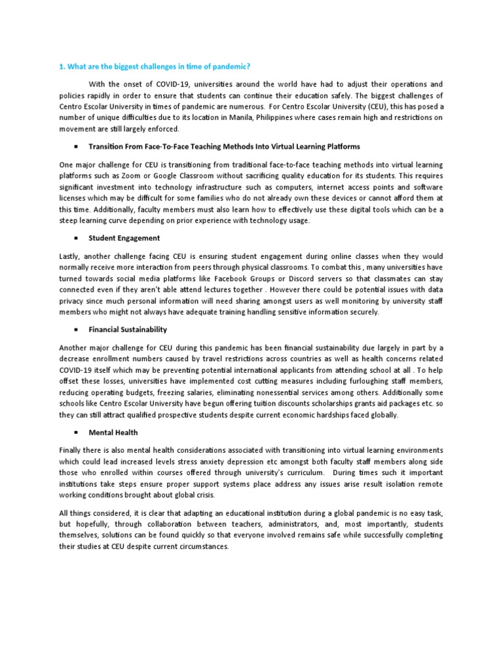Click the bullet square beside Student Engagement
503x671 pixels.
coord(77,238)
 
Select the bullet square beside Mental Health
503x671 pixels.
coord(77,433)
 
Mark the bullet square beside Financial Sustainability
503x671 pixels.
coord(77,330)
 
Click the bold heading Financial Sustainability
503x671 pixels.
coord(128,330)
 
